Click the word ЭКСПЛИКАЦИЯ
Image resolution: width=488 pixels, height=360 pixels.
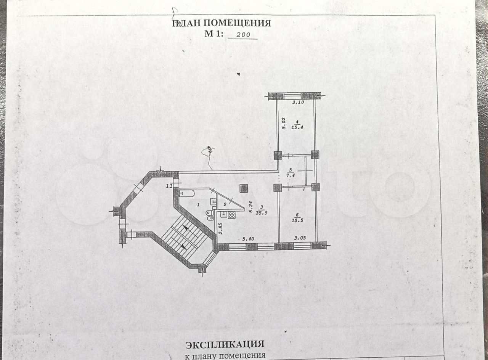point(225,345)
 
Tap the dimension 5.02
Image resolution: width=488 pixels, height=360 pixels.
point(283,123)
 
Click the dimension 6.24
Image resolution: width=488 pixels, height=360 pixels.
point(250,207)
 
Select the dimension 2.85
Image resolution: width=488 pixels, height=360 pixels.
point(220,228)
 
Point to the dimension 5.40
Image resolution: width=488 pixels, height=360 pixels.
point(249,239)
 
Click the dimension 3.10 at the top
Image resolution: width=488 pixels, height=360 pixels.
point(298,102)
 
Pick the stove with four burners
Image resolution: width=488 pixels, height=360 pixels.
point(231,215)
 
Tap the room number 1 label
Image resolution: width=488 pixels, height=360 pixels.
point(198,205)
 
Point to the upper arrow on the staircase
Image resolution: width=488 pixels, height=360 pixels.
point(186,228)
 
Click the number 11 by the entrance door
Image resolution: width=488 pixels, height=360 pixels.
point(169,186)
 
